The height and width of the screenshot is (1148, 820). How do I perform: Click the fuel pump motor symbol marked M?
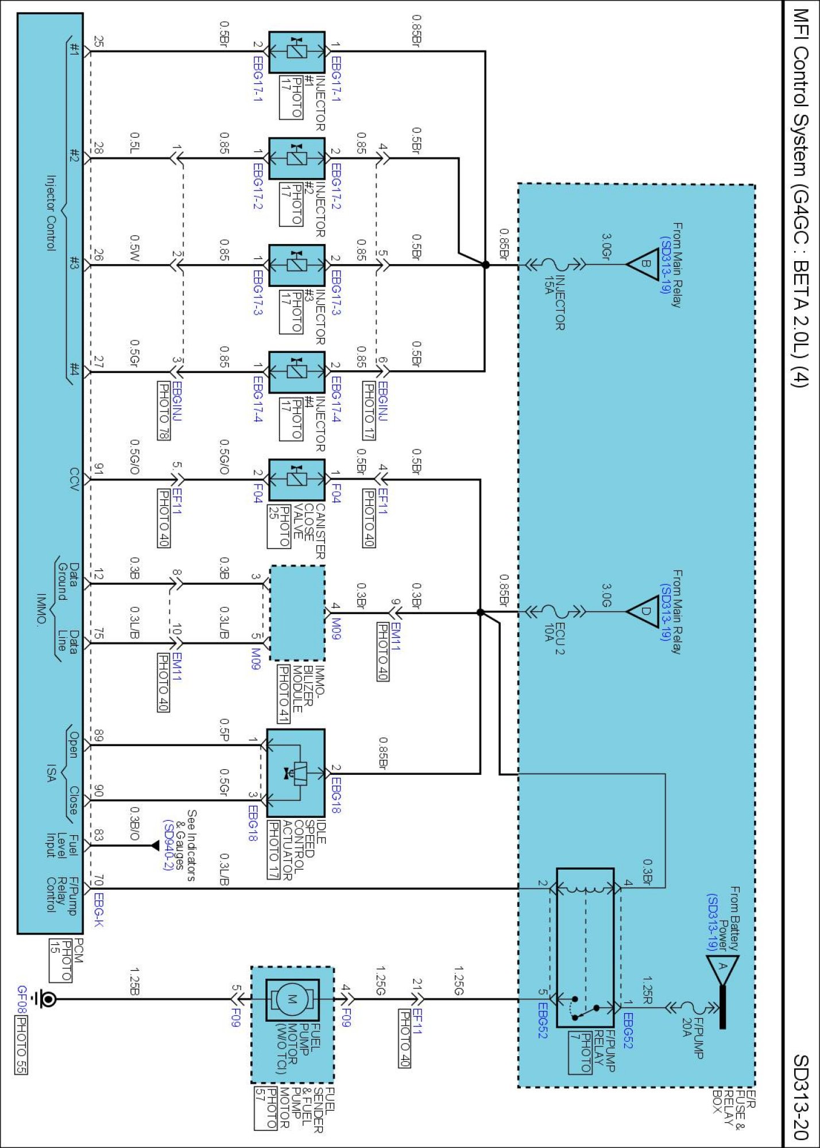[x=292, y=999]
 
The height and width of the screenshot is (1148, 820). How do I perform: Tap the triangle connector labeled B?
[x=642, y=265]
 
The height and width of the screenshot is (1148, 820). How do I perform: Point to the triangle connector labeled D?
[x=642, y=612]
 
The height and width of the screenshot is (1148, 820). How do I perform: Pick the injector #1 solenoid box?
[x=297, y=52]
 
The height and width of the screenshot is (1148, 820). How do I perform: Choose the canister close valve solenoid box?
[x=297, y=479]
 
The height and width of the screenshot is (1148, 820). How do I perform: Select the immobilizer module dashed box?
[x=297, y=613]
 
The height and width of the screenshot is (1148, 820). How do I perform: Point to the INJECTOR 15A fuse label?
[x=555, y=302]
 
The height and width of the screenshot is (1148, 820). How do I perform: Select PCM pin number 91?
[x=98, y=469]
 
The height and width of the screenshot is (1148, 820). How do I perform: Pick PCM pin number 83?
[x=98, y=836]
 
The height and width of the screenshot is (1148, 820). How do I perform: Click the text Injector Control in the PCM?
[x=51, y=213]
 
